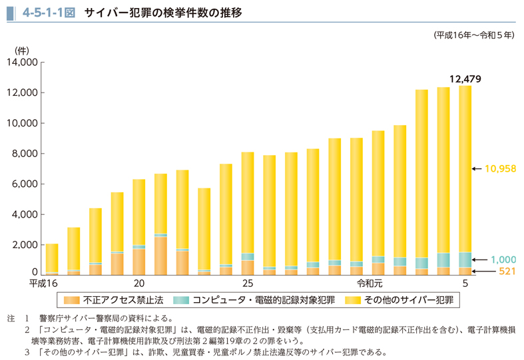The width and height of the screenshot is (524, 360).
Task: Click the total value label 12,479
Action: click(465, 79)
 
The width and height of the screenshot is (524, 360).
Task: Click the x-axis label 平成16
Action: click(42, 283)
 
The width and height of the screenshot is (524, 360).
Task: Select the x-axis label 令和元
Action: click(370, 283)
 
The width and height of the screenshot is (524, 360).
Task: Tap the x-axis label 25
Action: click(247, 283)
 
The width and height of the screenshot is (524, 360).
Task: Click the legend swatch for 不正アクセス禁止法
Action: click(71, 301)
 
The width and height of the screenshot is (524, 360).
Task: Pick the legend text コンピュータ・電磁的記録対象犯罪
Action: click(258, 301)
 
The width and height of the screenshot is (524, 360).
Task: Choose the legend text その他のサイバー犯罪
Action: click(407, 301)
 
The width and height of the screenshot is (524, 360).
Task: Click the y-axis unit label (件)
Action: click(22, 50)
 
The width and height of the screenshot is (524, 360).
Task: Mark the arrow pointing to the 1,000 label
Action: click(479, 260)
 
